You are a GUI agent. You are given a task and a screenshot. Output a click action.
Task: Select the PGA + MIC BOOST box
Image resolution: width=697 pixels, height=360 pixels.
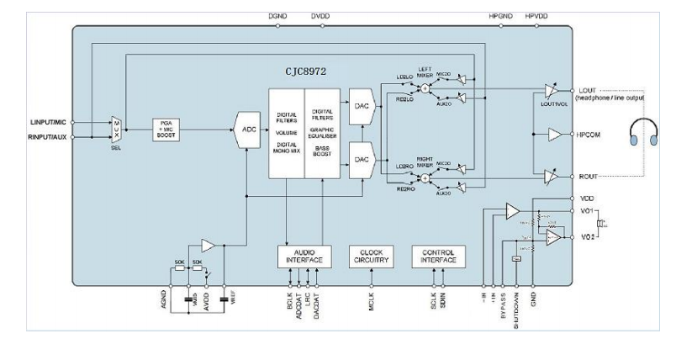click(166, 129)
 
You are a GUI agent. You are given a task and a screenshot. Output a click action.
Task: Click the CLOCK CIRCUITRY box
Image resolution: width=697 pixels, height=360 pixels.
click(372, 257)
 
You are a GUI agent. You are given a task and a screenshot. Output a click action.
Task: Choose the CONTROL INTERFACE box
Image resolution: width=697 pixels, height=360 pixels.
click(438, 257)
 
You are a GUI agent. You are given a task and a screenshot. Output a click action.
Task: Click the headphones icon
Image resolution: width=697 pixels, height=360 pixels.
click(646, 133)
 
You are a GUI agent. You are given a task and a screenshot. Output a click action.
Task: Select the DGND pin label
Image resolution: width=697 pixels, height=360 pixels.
click(277, 16)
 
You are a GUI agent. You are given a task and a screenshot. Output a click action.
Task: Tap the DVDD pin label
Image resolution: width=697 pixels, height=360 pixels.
click(319, 16)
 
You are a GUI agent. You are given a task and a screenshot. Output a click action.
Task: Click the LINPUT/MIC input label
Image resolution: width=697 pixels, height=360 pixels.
click(48, 123)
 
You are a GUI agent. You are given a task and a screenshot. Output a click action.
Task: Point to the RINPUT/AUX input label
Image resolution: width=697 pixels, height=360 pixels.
click(48, 136)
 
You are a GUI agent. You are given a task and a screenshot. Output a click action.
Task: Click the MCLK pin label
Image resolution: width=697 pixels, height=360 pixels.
click(372, 300)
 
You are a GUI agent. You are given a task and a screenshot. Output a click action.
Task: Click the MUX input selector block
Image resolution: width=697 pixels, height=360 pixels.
click(116, 129)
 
